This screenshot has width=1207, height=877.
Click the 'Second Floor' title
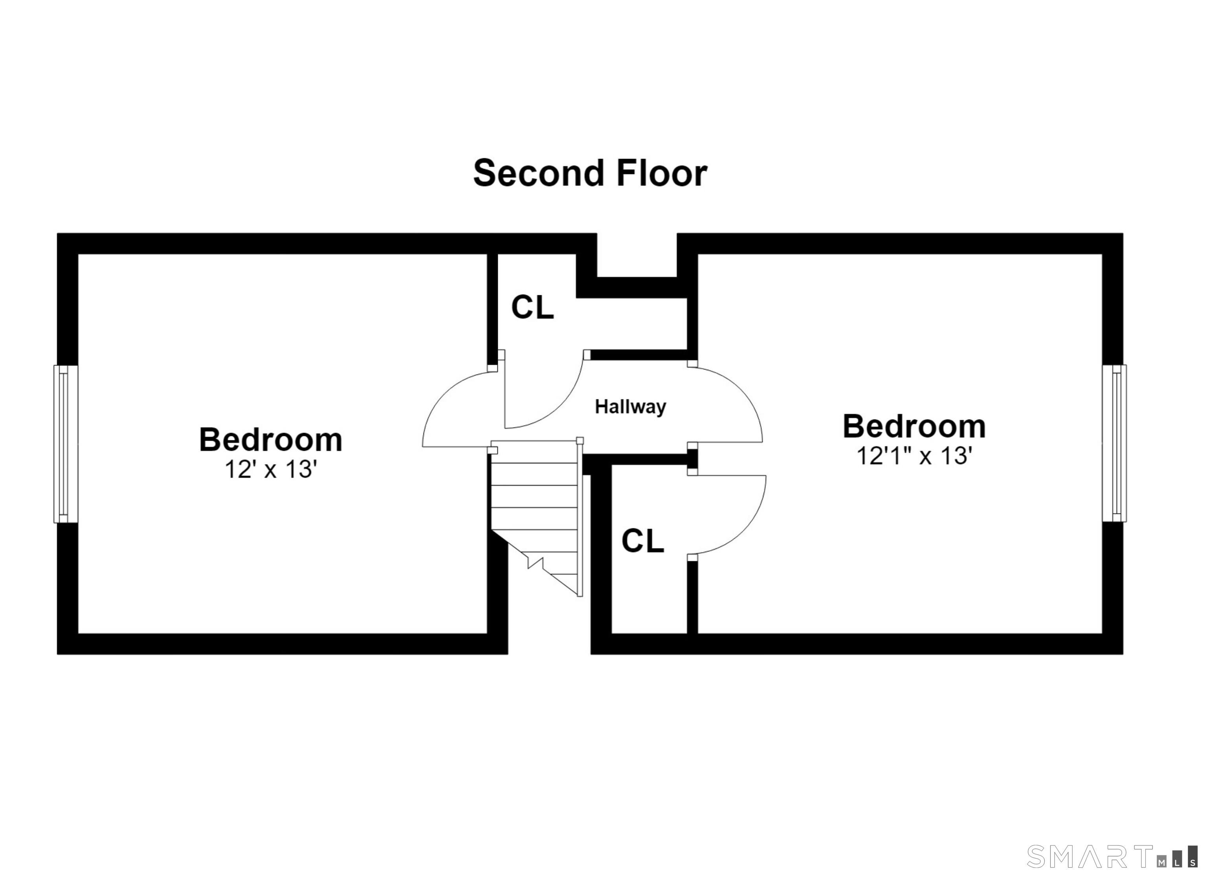[x=590, y=174]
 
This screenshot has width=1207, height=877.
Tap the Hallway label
[x=630, y=407]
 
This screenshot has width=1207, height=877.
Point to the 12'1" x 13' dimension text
[x=914, y=456]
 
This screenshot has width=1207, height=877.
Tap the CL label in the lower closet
[x=643, y=541]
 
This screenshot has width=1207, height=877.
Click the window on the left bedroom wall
[x=66, y=444]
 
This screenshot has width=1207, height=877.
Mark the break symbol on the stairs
[x=535, y=562]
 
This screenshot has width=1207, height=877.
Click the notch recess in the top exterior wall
[x=637, y=255]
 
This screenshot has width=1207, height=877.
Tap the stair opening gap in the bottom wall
[x=549, y=643]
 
